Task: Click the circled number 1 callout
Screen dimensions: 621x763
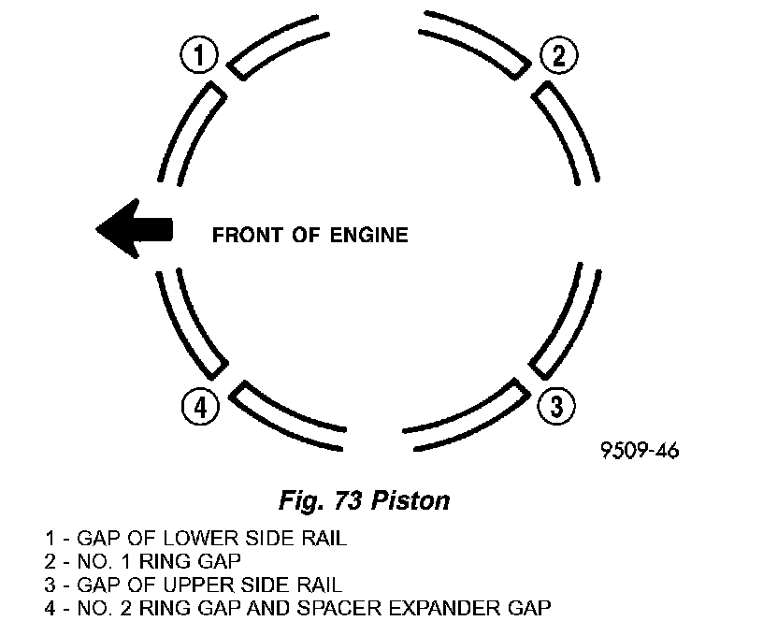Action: (x=198, y=57)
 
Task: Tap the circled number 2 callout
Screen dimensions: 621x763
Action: (x=558, y=57)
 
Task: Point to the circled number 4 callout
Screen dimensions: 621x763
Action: (x=201, y=407)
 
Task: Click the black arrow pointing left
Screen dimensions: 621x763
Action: (x=135, y=230)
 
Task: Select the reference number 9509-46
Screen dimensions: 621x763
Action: (x=640, y=450)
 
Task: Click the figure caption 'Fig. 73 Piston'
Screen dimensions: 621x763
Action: (x=364, y=500)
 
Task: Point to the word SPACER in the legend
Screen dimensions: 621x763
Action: (x=331, y=605)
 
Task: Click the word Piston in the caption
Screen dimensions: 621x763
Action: (x=411, y=500)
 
